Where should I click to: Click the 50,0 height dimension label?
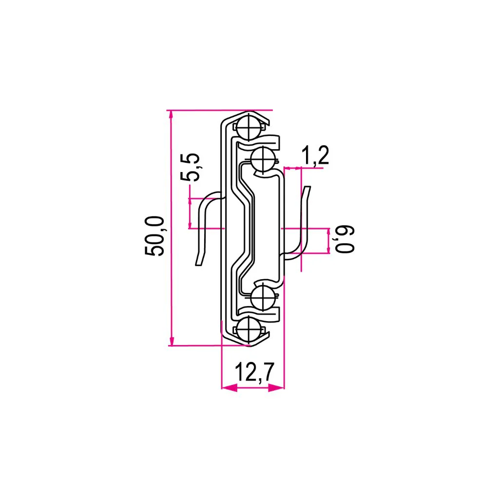coord(154,236)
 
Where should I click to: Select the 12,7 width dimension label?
coord(254,372)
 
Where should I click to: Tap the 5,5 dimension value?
coord(190,168)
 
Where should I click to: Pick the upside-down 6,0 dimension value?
coord(345,240)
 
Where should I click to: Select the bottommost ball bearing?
coord(249,329)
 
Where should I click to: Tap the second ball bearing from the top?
coord(263,158)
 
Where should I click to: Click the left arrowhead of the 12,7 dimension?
coord(230,387)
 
